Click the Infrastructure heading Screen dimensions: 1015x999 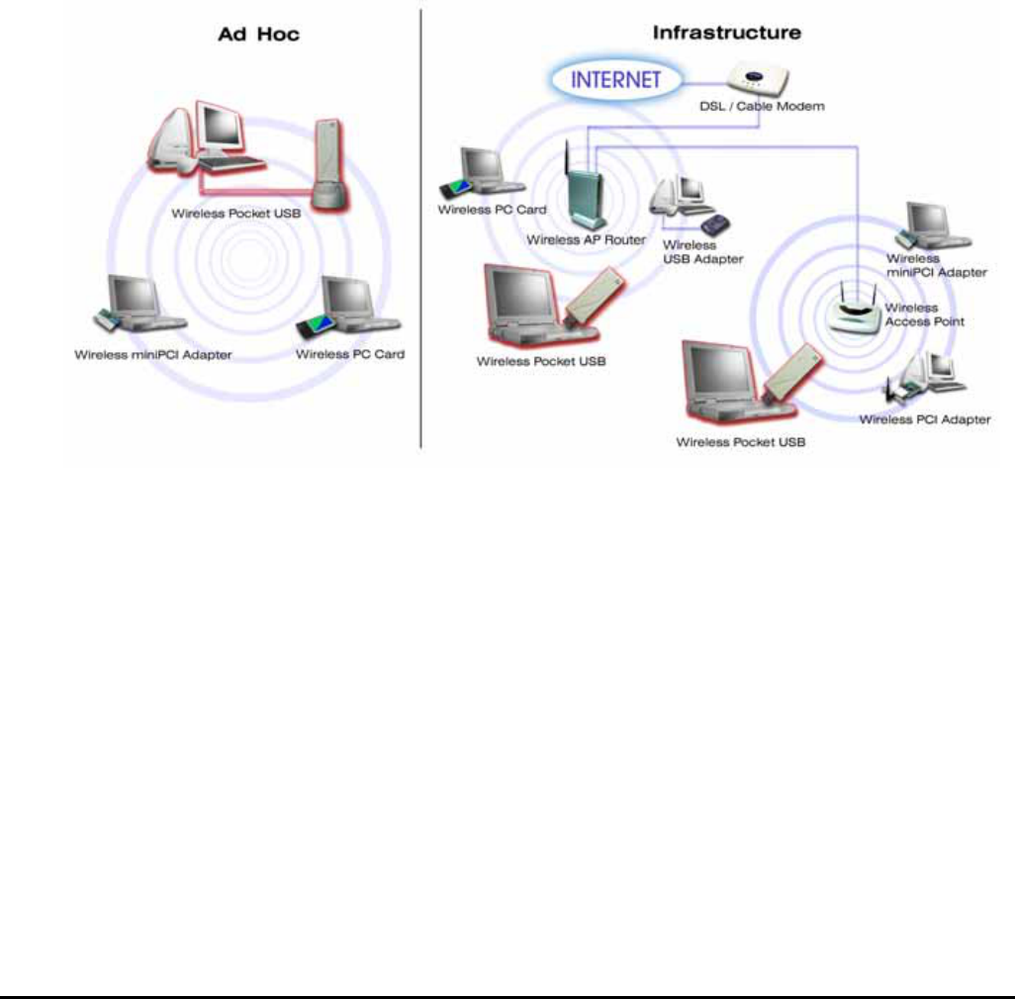click(x=726, y=33)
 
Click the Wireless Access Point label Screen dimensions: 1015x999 click(x=924, y=315)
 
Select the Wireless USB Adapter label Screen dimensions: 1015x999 click(x=703, y=251)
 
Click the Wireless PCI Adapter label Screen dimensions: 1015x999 click(x=925, y=419)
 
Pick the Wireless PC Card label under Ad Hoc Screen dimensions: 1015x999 click(x=350, y=354)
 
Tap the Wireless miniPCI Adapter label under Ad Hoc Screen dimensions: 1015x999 click(x=153, y=354)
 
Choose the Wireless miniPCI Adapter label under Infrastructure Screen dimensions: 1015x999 click(x=937, y=265)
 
